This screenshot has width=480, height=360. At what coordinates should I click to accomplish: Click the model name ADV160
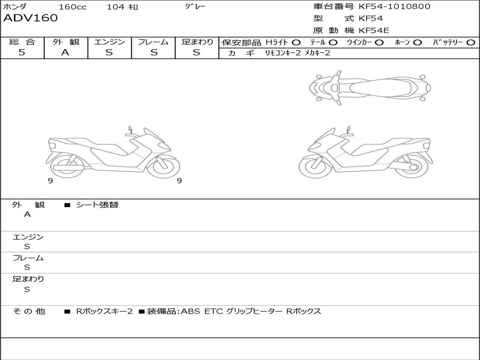[x=30, y=18]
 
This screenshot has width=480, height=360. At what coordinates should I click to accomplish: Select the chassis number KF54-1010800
[x=394, y=6]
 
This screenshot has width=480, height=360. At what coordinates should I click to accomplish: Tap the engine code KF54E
[x=374, y=30]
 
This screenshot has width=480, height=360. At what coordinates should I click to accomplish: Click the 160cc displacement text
[x=73, y=7]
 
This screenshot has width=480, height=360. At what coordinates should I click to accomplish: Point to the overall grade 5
[x=22, y=52]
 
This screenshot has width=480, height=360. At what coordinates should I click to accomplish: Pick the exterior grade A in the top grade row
[x=65, y=52]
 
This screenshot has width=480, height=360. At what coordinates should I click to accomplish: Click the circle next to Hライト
[x=296, y=43]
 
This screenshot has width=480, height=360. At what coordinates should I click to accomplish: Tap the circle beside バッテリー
[x=471, y=43]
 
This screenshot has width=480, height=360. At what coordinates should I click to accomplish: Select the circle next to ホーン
[x=418, y=43]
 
